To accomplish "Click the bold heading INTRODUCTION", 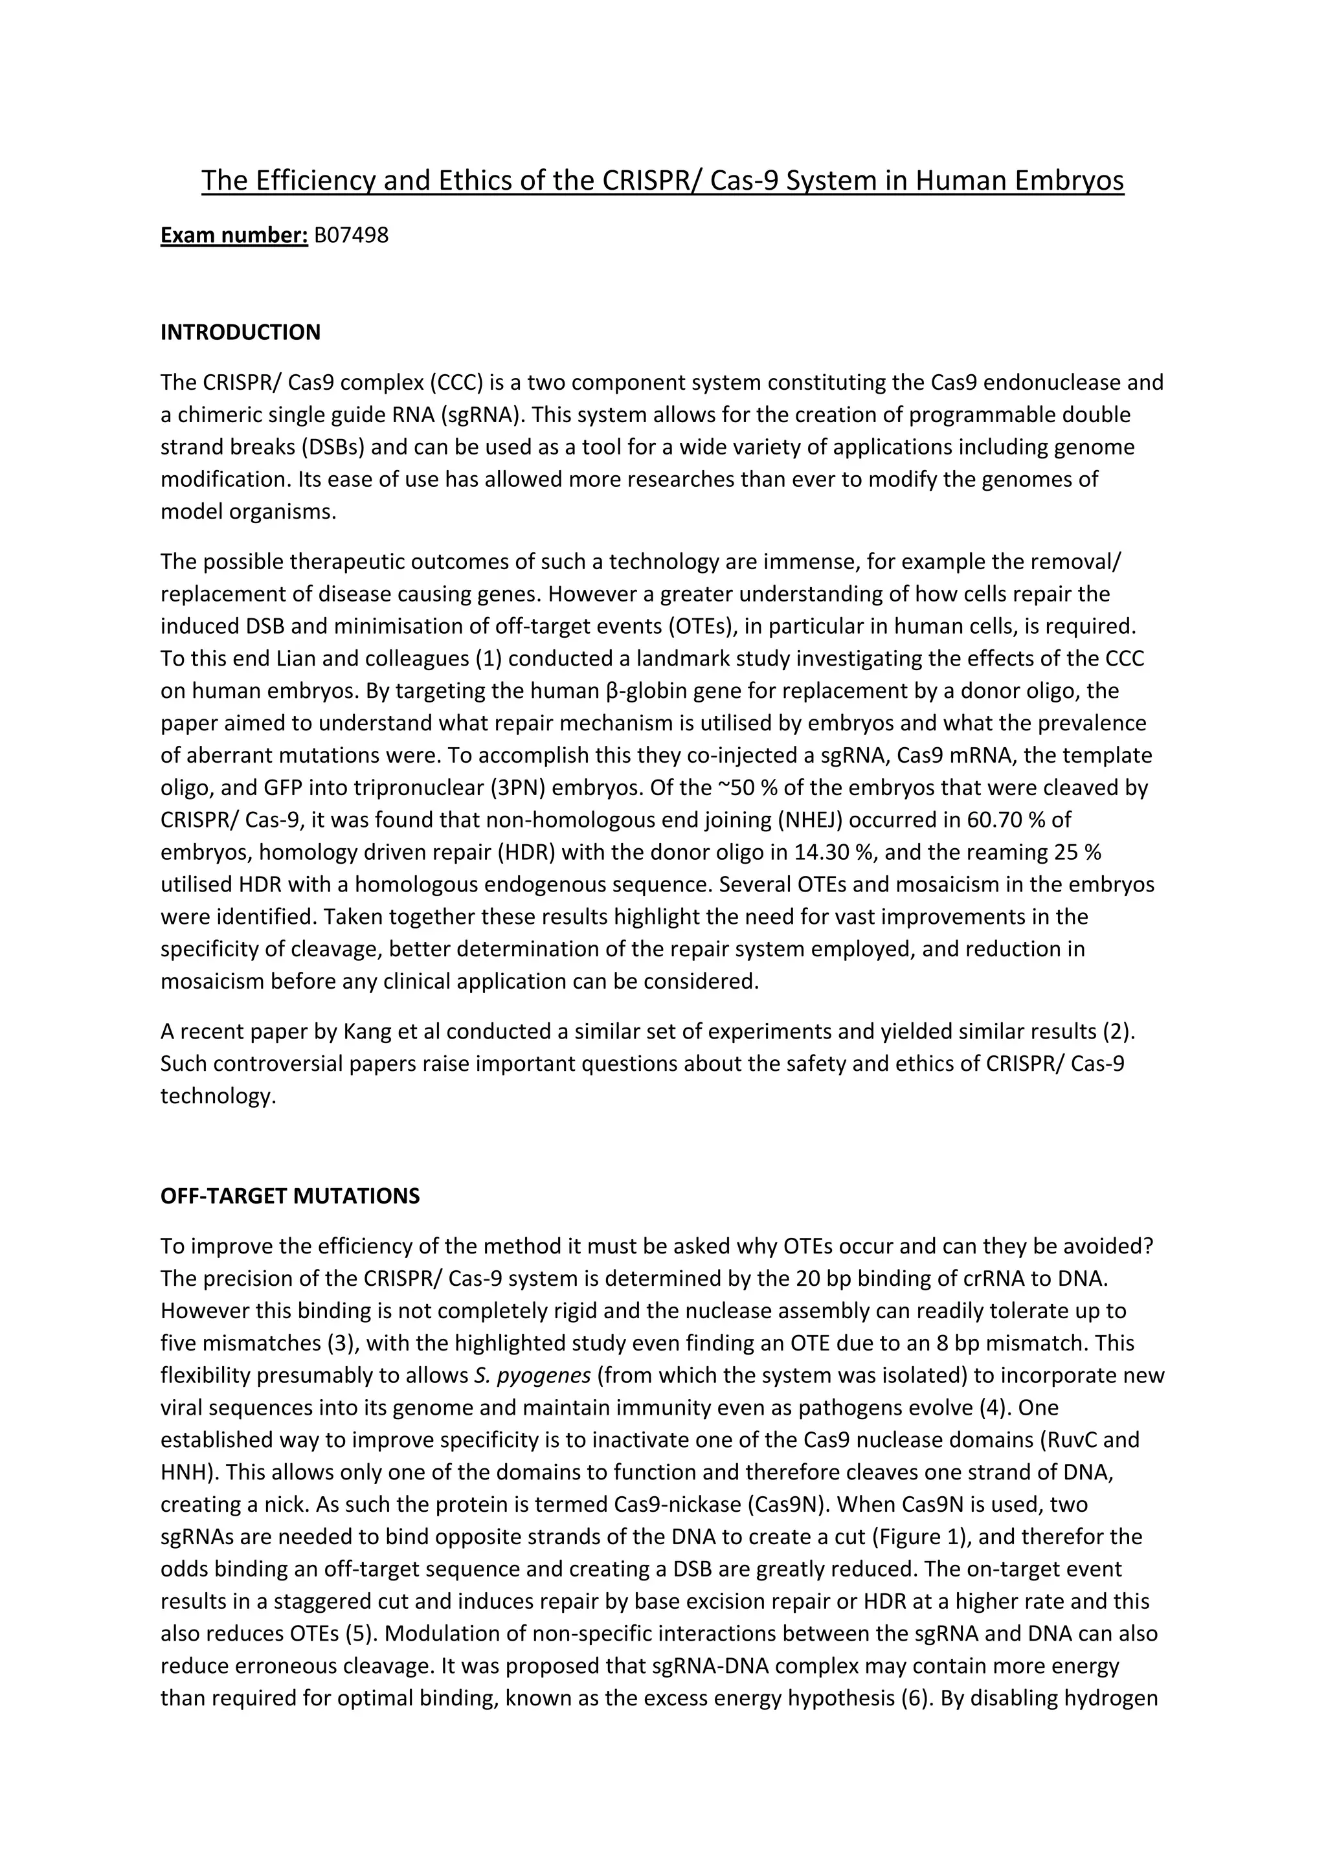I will pos(240,332).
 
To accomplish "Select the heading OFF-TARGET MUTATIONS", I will pos(290,1196).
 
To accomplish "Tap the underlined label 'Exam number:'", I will pos(234,235).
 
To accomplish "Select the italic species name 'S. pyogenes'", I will pos(532,1375).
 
